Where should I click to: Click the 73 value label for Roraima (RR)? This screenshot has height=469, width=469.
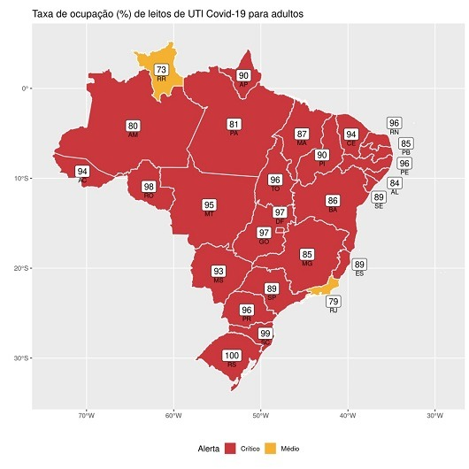(x=161, y=70)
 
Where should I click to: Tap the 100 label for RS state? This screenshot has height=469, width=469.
(x=232, y=355)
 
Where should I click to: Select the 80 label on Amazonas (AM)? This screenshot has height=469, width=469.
(x=133, y=126)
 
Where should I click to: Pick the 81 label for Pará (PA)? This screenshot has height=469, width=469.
(x=234, y=124)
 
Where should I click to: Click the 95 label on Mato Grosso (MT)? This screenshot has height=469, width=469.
(x=209, y=204)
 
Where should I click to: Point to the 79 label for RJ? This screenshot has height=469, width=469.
(x=333, y=302)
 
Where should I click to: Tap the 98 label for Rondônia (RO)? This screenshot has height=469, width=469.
(x=149, y=187)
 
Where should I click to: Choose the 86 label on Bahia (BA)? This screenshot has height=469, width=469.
(x=333, y=201)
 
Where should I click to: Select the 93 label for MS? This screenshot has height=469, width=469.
(x=219, y=271)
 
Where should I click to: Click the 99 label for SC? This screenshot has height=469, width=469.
(x=266, y=334)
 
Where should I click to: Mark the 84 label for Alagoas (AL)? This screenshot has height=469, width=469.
(x=395, y=183)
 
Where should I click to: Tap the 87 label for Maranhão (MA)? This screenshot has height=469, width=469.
(x=302, y=134)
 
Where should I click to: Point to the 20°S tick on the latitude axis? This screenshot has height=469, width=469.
(x=24, y=268)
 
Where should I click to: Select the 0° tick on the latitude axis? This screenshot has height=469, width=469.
(x=27, y=88)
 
